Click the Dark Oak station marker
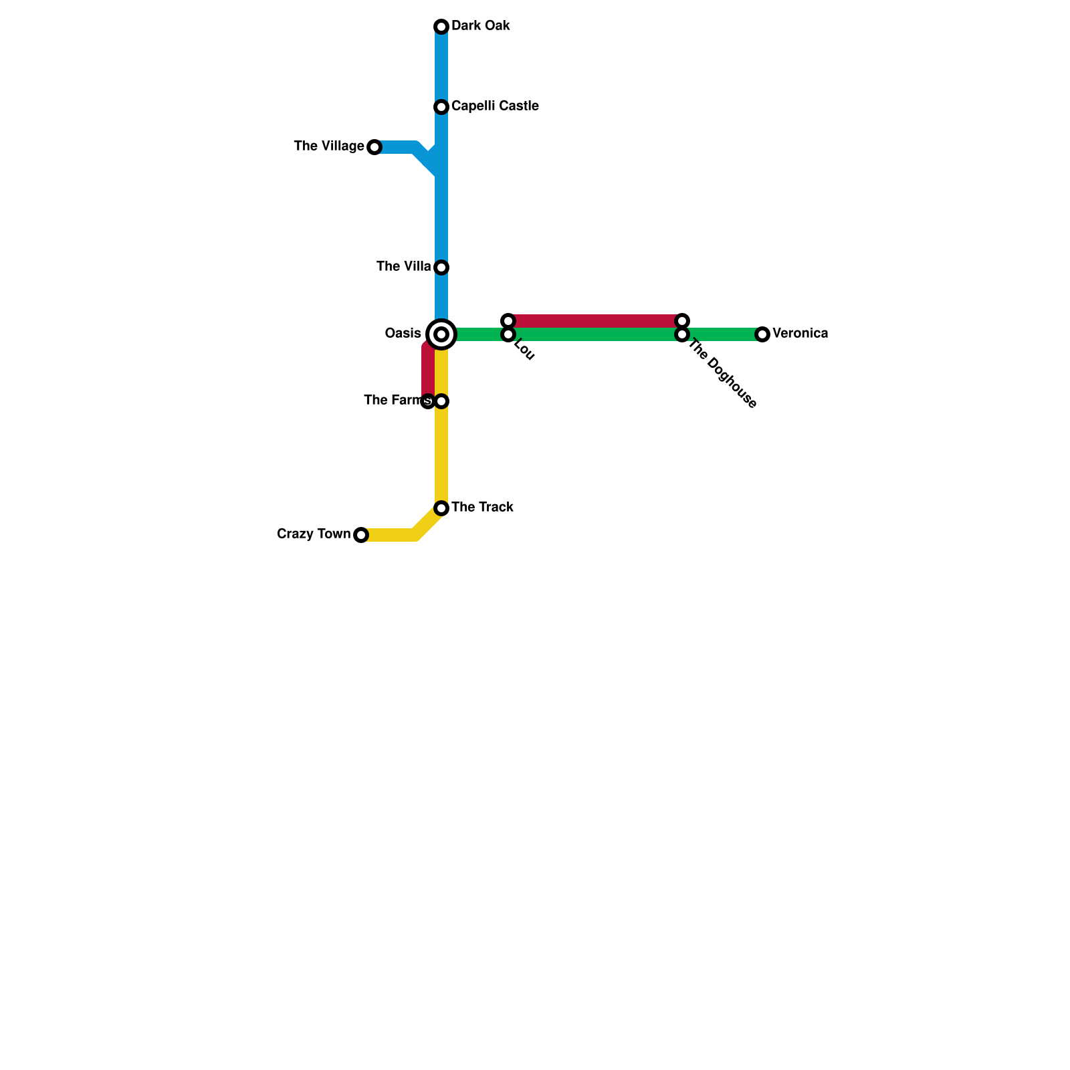point(441,27)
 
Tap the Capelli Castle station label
point(495,106)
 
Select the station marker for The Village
point(374,147)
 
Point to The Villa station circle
point(441,267)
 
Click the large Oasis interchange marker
point(441,334)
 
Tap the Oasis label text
point(403,334)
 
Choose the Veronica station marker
point(762,334)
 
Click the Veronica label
point(800,334)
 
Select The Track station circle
point(441,508)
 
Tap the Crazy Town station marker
point(361,535)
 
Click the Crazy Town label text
point(314,534)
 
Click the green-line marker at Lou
point(508,334)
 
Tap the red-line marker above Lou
point(508,321)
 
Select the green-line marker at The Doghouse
point(682,334)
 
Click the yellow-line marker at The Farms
point(441,401)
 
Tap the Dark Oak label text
point(481,26)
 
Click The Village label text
point(329,146)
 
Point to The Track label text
point(482,508)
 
